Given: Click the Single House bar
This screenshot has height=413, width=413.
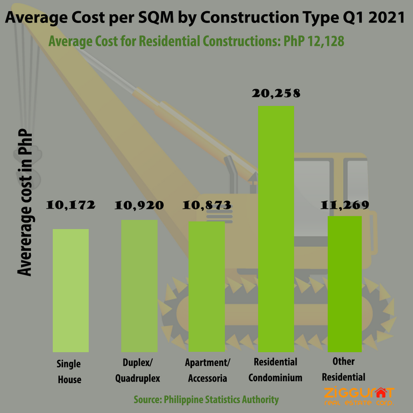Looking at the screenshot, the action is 71,290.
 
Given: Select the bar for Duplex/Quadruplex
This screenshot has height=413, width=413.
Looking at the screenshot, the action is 139,286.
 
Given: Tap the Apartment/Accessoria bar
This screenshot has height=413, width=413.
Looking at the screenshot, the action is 207,287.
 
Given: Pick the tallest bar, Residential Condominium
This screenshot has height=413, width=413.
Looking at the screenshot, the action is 276,229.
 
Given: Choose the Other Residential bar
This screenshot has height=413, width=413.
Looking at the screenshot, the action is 344,284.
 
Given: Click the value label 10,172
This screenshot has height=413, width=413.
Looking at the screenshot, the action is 71,205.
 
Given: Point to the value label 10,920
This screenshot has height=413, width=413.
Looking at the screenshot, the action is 139,205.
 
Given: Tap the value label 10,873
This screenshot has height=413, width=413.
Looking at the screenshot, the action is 207,205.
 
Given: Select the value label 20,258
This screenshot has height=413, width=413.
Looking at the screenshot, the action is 276,93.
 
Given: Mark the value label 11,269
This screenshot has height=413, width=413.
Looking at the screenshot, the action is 345,205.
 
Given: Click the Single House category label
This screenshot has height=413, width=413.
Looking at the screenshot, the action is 69,372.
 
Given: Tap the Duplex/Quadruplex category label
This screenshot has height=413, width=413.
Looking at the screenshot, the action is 138,370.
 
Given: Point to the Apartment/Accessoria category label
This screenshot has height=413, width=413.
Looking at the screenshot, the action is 208,370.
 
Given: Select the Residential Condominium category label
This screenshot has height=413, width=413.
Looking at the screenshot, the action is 275,370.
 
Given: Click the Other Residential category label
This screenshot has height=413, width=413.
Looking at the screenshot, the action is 344,369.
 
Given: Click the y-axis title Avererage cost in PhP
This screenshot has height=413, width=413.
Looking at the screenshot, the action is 25,202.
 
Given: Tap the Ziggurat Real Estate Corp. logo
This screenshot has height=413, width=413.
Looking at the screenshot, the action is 359,396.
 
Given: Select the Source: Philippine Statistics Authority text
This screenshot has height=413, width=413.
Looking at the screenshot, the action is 206,399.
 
